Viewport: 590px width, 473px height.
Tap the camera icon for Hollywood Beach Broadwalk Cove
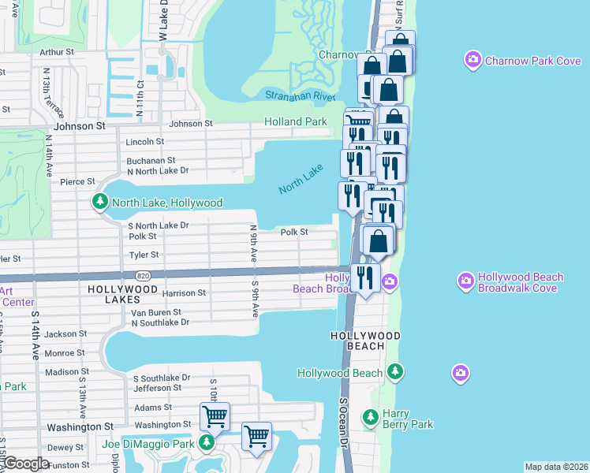coord(466,281)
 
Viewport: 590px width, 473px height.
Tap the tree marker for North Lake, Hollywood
coord(100,203)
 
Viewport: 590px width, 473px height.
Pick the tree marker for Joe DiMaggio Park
coord(206,443)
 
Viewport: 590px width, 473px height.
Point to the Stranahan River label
coord(300,95)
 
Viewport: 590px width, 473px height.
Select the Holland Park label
coord(294,122)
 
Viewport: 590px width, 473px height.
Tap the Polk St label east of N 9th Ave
coord(293,233)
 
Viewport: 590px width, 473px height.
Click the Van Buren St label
coord(157,313)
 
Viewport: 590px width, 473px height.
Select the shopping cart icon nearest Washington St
coord(215,415)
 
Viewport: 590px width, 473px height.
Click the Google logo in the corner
coord(27,464)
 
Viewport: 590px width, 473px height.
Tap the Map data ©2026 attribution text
coord(556,467)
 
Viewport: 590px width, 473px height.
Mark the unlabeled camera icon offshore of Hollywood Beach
coord(460,372)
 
